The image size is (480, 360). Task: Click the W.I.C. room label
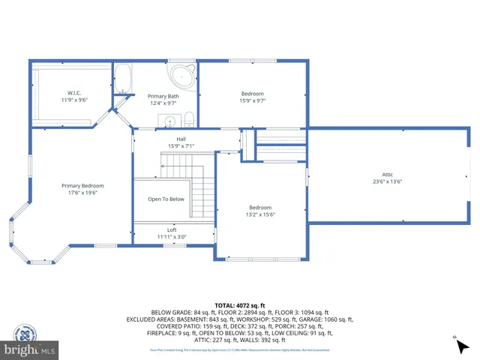click(74, 93)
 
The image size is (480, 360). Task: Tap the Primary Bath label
click(163, 96)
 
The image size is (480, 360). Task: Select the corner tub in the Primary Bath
click(182, 76)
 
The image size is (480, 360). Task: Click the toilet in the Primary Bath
click(189, 119)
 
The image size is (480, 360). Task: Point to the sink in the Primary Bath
click(169, 121)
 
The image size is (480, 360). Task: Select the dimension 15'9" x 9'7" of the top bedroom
click(253, 100)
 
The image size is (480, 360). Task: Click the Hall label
click(181, 139)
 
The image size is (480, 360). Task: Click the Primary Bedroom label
click(82, 185)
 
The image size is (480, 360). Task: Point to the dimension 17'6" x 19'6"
click(82, 193)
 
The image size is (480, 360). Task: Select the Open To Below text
click(166, 199)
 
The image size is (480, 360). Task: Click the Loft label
click(172, 230)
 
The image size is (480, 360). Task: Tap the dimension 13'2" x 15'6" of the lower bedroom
click(260, 214)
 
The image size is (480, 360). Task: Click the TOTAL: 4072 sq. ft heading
click(241, 305)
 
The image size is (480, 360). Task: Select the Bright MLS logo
click(30, 349)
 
